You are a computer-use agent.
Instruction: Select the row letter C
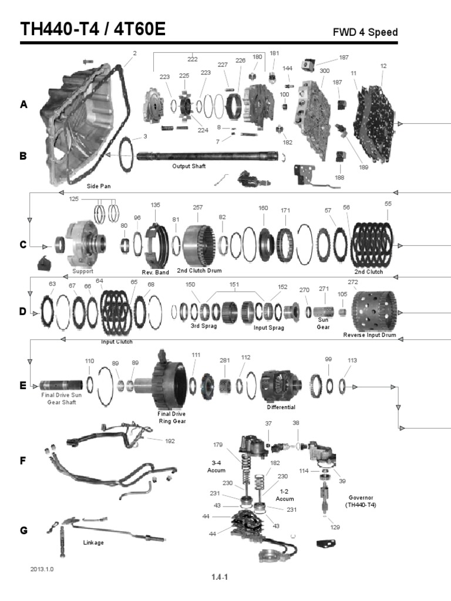point(23,245)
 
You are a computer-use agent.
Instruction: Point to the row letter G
point(23,530)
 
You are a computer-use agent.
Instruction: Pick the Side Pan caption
point(99,185)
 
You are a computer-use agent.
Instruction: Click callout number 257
point(198,208)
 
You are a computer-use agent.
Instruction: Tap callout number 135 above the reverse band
point(155,205)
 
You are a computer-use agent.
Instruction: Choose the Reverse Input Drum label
point(369,335)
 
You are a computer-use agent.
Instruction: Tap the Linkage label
point(94,542)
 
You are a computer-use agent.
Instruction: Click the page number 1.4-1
point(220,577)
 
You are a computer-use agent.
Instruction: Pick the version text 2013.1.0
point(45,569)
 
